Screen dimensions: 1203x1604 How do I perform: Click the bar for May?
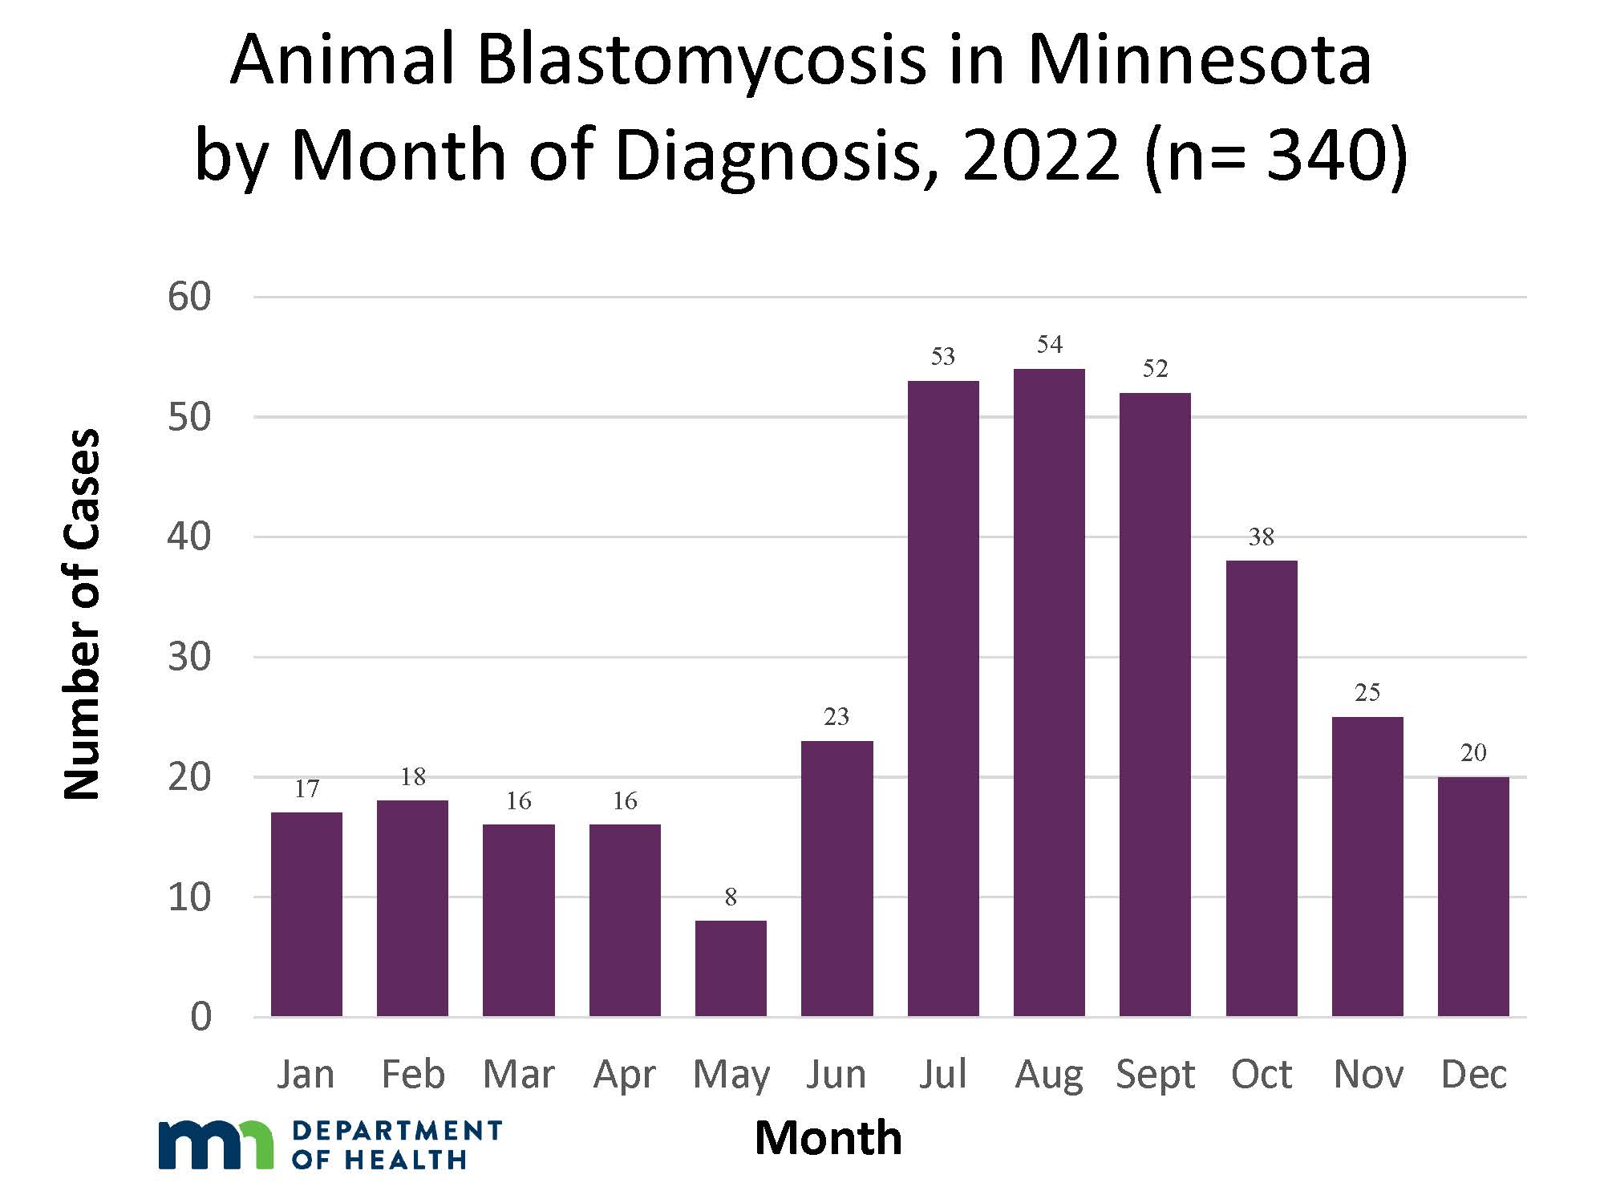(731, 968)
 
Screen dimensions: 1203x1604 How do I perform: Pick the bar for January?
(306, 914)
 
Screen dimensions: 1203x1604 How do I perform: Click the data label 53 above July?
(943, 356)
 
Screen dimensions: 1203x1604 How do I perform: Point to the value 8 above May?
(731, 897)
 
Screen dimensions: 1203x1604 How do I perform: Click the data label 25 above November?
(1367, 693)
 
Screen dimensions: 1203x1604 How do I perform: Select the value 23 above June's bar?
(836, 717)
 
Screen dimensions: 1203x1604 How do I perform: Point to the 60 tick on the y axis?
(189, 297)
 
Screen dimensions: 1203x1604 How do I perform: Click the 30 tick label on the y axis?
(189, 657)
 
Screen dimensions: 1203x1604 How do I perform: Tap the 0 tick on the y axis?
(201, 1017)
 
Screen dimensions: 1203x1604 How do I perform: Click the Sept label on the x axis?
(1155, 1074)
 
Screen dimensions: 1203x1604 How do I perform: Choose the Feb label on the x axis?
(412, 1074)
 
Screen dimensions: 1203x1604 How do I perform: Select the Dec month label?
(1473, 1074)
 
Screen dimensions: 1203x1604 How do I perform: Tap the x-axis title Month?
(828, 1138)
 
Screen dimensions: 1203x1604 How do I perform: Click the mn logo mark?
(215, 1144)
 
